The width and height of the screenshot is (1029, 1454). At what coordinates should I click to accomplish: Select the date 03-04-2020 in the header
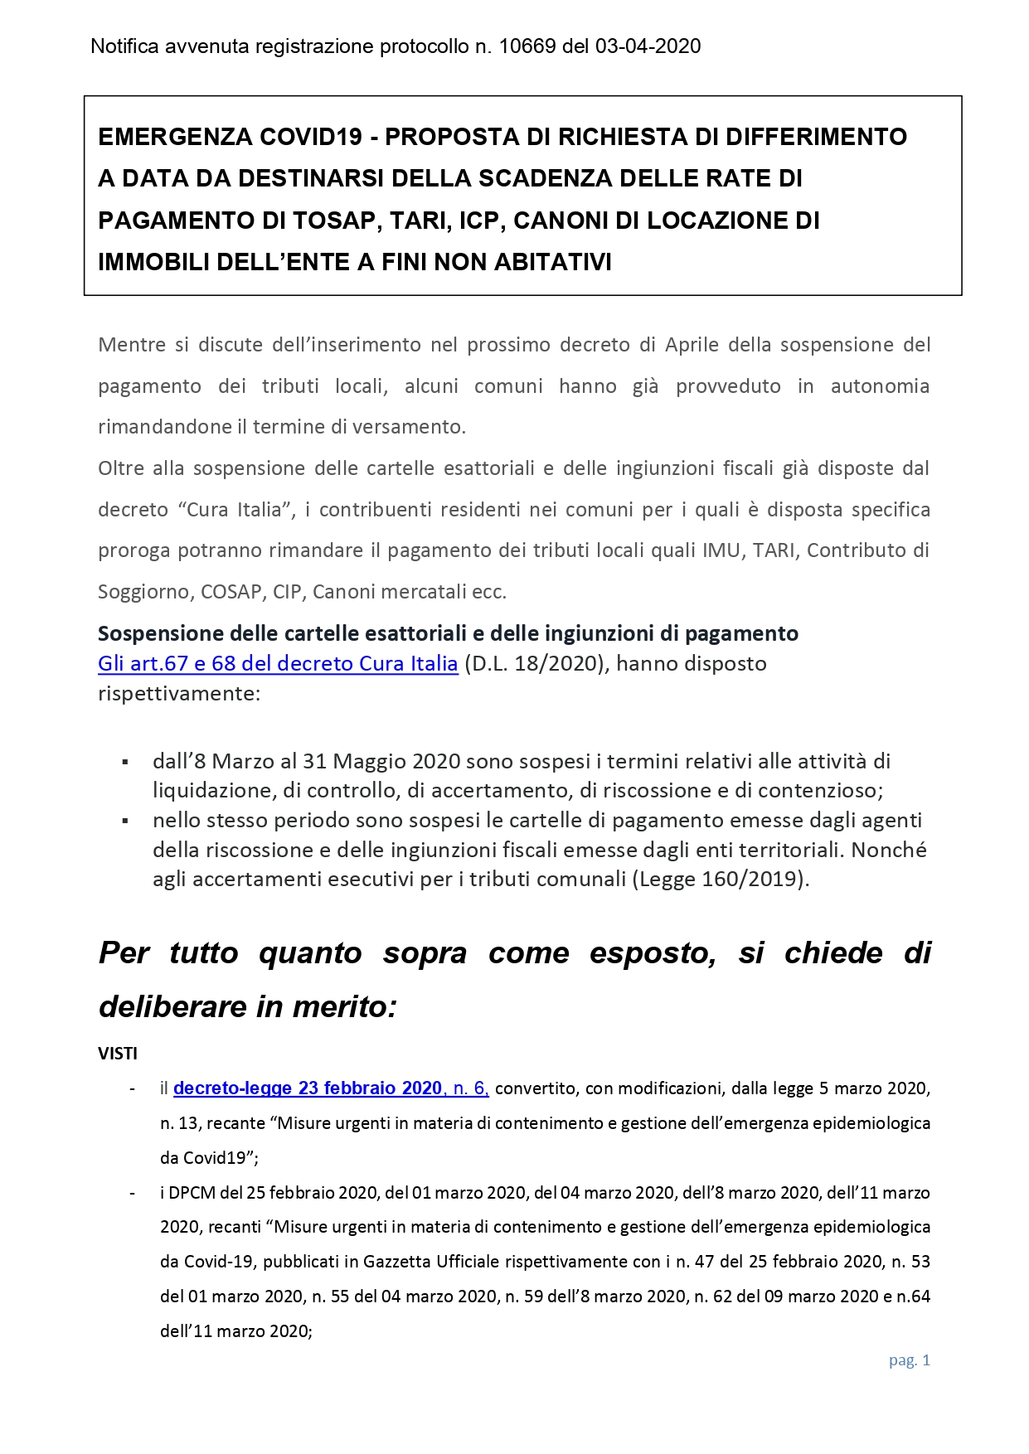(648, 46)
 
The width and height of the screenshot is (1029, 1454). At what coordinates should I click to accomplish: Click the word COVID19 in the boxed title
(313, 137)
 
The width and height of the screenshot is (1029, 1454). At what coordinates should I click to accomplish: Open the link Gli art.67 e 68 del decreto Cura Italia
(278, 663)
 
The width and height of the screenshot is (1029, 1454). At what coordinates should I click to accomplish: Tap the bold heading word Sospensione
(160, 633)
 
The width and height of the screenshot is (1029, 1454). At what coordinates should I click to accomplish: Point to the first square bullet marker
(125, 761)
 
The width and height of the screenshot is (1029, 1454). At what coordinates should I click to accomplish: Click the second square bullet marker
(125, 821)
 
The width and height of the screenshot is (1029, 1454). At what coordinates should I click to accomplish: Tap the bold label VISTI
(118, 1054)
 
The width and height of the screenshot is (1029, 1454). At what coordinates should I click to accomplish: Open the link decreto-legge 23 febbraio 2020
(308, 1088)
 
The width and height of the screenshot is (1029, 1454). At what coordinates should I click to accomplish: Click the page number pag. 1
(910, 1359)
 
